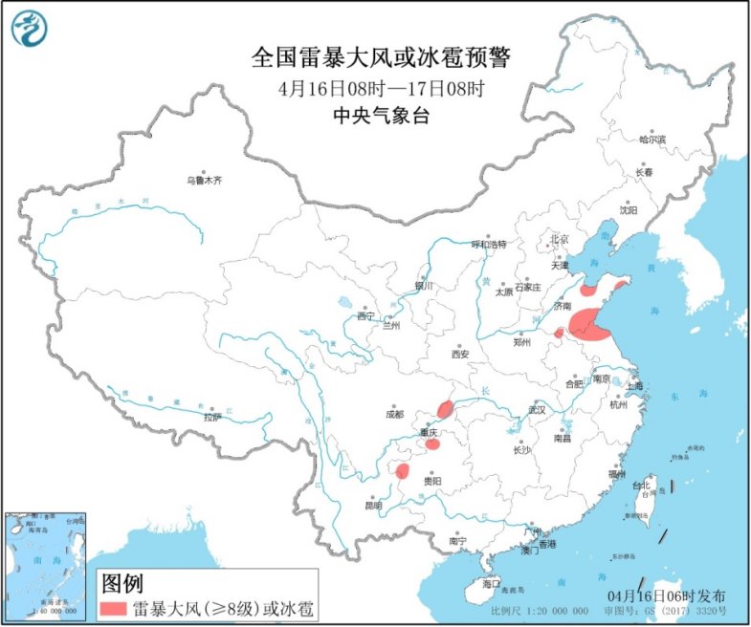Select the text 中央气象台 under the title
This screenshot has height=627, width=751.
382,117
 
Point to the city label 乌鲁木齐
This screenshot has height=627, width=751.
204,179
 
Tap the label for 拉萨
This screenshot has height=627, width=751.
212,417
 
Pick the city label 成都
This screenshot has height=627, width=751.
393,414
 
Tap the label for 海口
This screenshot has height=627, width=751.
491,583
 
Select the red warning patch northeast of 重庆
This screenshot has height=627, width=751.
445,410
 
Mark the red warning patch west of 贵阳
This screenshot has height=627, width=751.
403,470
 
